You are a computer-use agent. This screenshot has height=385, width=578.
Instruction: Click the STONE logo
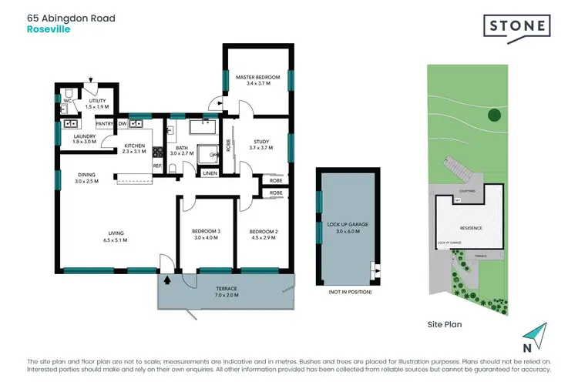coord(517,26)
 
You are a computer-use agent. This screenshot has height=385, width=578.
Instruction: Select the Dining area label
coord(88,178)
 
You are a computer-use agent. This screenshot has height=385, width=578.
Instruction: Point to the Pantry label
coord(105,123)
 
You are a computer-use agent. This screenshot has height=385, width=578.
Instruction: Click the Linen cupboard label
coord(210,173)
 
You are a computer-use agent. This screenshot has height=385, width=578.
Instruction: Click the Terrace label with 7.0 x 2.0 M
coord(227,292)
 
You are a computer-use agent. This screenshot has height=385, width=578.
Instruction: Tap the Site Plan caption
coord(445,325)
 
